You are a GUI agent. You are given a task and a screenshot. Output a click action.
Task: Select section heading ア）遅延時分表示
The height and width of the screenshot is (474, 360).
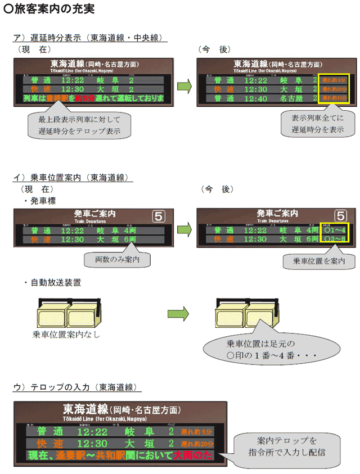pos(88,38)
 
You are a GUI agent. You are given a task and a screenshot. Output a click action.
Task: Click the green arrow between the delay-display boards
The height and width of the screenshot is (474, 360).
pos(184,86)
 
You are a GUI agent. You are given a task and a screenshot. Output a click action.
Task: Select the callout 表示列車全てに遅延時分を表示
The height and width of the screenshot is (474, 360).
pos(318,124)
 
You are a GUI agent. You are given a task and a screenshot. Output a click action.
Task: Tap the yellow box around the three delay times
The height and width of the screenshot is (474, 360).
pos(334,89)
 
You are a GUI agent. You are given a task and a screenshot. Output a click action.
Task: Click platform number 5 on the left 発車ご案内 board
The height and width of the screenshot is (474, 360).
pos(159,216)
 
